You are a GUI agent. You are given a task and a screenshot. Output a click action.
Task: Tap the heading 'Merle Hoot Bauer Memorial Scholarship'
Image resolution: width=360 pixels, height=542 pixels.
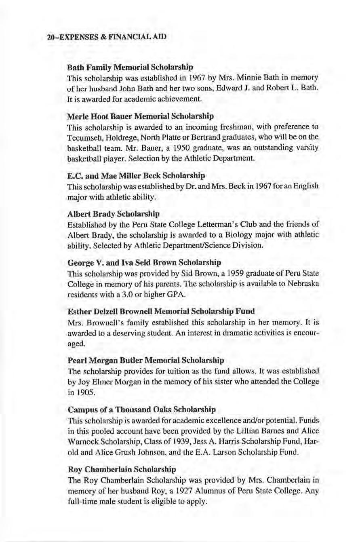140,116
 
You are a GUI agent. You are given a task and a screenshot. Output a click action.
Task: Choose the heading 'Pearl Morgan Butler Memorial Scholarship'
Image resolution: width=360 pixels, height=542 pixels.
145,359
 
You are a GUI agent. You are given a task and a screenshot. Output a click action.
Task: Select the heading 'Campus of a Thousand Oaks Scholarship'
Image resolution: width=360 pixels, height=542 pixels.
141,409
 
